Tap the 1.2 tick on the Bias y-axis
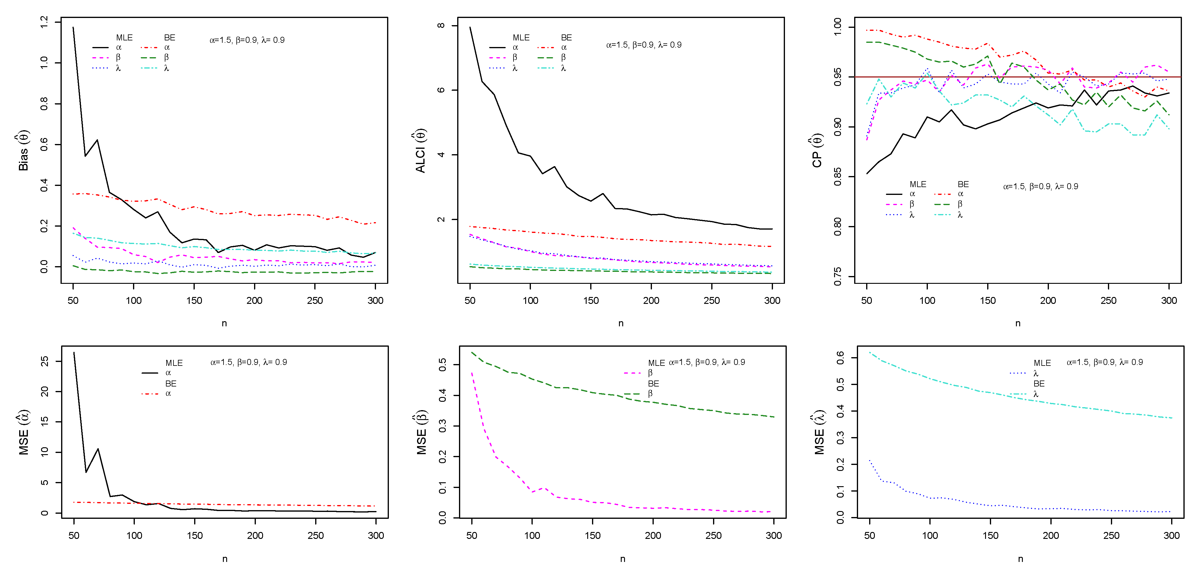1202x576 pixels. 44,22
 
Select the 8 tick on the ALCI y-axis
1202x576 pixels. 441,26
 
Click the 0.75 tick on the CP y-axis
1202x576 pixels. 838,276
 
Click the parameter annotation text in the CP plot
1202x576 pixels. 1041,187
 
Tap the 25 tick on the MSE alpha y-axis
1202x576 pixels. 44,361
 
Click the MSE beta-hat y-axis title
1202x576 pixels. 421,434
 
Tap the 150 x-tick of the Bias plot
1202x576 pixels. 194,300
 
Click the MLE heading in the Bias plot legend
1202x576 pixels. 124,37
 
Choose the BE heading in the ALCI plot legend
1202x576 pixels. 566,37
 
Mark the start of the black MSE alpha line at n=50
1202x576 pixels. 74,353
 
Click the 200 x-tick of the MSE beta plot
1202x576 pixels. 653,535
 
